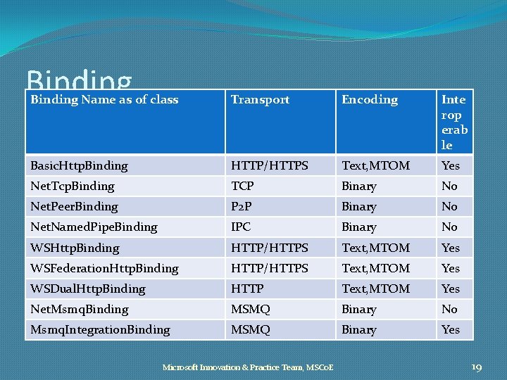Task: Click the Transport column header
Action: (x=261, y=100)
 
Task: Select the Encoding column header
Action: (x=370, y=100)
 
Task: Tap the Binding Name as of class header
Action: (x=104, y=100)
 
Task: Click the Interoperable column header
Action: (x=454, y=122)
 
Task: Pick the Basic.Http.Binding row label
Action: (x=79, y=166)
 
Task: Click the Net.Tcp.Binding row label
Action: (x=72, y=186)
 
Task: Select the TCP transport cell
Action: (x=242, y=186)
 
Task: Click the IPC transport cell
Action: (x=241, y=227)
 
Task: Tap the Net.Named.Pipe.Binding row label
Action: (x=94, y=227)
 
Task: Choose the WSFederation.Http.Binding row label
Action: (x=104, y=269)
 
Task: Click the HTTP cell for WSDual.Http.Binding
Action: (x=247, y=289)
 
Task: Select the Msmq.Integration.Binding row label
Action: (x=100, y=330)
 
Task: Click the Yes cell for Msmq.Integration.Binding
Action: (x=451, y=330)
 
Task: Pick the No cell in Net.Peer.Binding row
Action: (x=449, y=207)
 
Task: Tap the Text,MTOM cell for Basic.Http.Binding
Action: (x=375, y=166)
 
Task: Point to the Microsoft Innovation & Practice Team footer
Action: (x=248, y=367)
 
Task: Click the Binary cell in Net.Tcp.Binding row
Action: (x=359, y=186)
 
